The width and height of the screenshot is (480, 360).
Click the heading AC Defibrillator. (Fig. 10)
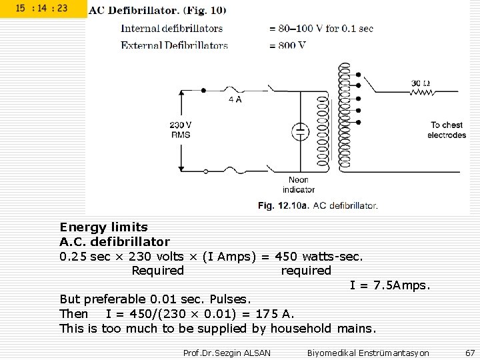tap(157, 10)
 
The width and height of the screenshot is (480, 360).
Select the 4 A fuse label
tap(235, 99)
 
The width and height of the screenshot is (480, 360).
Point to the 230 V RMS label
tap(180, 129)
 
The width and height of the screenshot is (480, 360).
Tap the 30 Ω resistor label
tap(421, 83)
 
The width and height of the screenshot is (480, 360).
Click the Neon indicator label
tap(298, 185)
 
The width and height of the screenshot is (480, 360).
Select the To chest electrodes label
tap(447, 130)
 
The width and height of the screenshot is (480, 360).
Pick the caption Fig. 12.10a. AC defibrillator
tap(318, 205)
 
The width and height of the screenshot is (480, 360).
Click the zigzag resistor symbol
tap(421, 92)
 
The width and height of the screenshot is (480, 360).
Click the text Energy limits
tap(103, 227)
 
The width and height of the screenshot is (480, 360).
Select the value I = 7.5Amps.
tap(391, 285)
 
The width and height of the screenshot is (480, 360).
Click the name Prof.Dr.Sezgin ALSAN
tap(227, 352)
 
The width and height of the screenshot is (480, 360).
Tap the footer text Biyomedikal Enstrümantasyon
tap(368, 352)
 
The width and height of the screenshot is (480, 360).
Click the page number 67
tap(470, 351)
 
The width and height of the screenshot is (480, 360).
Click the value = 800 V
tap(288, 45)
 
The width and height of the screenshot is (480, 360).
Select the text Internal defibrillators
tap(171, 29)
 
